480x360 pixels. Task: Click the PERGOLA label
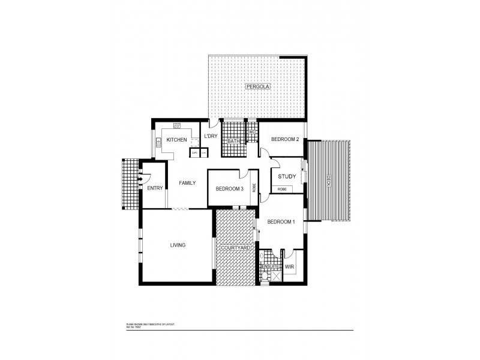(x=258, y=87)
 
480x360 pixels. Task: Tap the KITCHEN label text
(x=177, y=140)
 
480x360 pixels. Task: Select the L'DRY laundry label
(x=211, y=136)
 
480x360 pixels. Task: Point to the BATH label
(x=233, y=142)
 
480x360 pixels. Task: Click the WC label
(x=253, y=131)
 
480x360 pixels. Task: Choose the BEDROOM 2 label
(x=284, y=139)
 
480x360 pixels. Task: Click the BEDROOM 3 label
(x=229, y=189)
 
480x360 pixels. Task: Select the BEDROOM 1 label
(x=281, y=222)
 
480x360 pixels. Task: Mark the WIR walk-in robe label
(x=289, y=266)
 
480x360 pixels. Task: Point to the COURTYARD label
(x=235, y=248)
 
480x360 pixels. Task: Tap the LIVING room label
(x=178, y=245)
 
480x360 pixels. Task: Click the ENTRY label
(x=155, y=188)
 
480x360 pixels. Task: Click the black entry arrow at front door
(x=140, y=178)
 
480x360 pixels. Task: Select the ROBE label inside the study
(x=281, y=190)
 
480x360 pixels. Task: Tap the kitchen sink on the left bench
(x=158, y=142)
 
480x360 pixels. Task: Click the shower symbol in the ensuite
(x=277, y=277)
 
